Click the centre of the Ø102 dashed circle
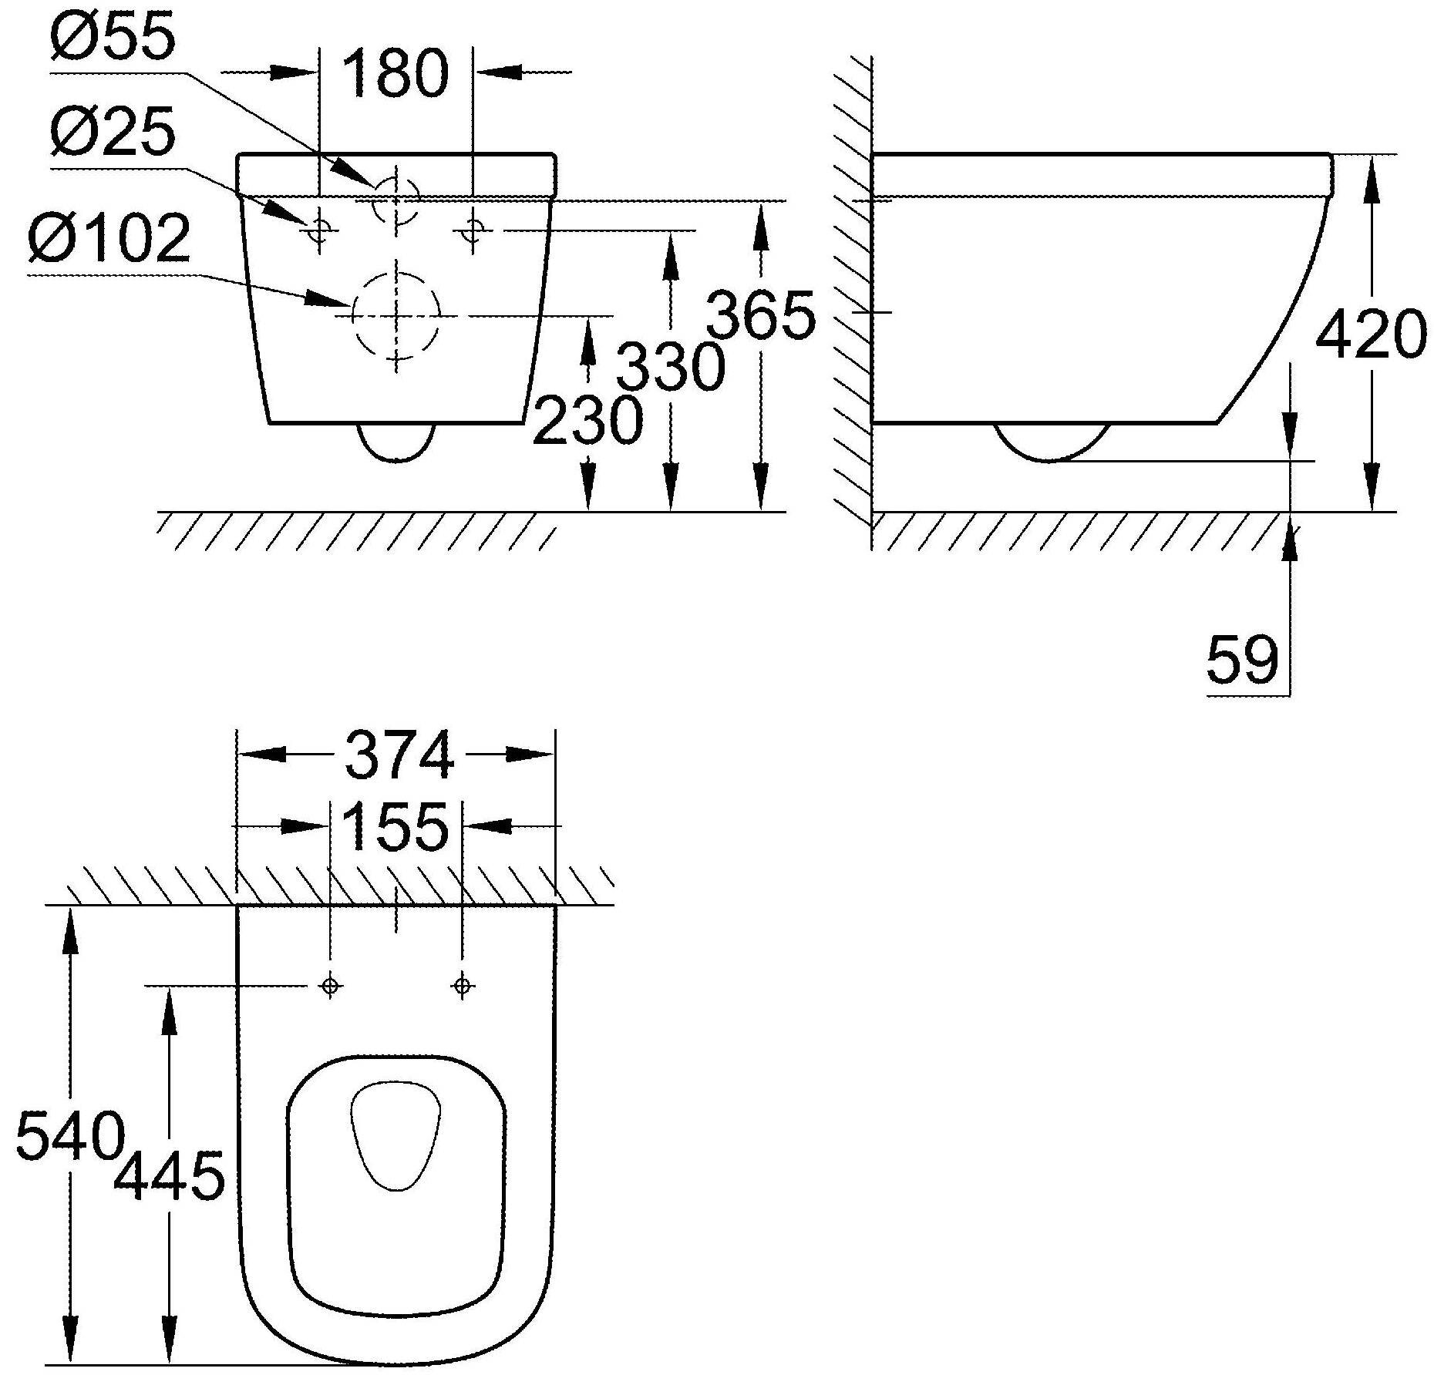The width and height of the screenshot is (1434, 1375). (x=396, y=315)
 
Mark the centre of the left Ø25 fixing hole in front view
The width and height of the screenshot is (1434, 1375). (x=318, y=229)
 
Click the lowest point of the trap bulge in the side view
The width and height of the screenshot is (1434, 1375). (x=1049, y=461)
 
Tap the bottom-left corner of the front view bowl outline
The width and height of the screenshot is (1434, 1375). (x=269, y=423)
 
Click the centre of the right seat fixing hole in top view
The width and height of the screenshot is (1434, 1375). (x=462, y=985)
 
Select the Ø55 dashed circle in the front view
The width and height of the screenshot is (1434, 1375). (x=396, y=200)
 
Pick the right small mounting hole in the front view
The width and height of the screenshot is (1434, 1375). (x=473, y=229)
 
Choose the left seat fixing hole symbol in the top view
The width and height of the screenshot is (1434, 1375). (x=330, y=985)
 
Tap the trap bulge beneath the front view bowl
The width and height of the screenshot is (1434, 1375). (x=396, y=442)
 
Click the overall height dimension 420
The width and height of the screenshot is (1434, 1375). (x=1371, y=334)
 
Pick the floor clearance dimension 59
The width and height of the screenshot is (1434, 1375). (x=1242, y=660)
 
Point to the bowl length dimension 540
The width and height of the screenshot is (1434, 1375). (x=69, y=1136)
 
